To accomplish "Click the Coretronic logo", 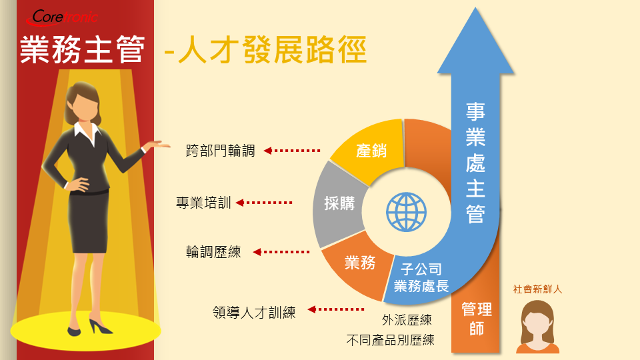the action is pos(61,17).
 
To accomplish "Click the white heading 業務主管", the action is pos(83,49).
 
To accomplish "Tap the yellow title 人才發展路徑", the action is pos(272,50).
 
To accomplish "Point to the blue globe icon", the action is pos(406,212).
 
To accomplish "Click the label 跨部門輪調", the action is pos(221,151).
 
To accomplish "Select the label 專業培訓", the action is pos(203,203).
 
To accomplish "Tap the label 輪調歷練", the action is pos(213,252).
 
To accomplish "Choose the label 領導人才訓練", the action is pos(254,312).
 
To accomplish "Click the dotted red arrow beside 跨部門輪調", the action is pos(292,151).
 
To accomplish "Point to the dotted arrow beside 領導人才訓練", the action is pos(336,309).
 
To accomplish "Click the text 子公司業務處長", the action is pos(421,277).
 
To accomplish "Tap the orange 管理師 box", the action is pos(476,319).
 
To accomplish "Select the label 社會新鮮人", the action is pos(537,289).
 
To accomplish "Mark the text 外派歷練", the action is pos(407,319).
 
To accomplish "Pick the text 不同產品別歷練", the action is pos(390,339).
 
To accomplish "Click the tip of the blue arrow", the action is pos(475,7).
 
